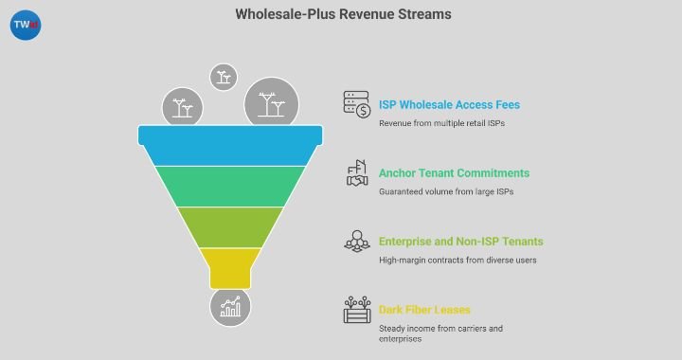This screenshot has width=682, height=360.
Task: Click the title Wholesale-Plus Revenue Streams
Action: coord(343,14)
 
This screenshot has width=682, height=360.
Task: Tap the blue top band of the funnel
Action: coord(230,146)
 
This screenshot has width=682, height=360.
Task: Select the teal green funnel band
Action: coord(230,186)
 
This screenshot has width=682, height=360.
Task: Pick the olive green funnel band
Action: coord(230,226)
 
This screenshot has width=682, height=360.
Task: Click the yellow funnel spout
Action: coord(230,267)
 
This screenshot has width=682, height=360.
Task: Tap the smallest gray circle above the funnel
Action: coord(224,77)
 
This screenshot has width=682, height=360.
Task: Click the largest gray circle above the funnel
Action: coord(272,103)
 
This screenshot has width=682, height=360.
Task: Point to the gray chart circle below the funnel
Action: coord(230,307)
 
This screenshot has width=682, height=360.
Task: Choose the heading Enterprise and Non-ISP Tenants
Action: coord(460,242)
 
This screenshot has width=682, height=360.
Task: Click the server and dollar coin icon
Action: coord(356,104)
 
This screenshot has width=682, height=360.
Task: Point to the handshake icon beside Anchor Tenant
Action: coord(356,173)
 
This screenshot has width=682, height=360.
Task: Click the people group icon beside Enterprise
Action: coord(356,242)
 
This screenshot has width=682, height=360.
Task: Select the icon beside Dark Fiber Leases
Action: coord(356,310)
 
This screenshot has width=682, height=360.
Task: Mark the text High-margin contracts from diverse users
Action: coord(458,261)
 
